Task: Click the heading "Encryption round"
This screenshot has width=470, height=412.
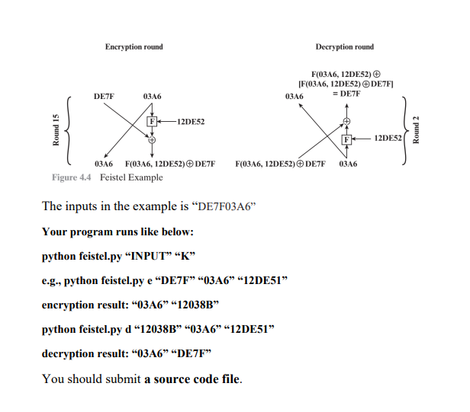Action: point(134,47)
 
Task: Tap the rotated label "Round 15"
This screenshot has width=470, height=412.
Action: point(56,130)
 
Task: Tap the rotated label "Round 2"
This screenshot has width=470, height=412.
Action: point(416,130)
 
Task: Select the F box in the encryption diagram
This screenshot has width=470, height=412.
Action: point(151,121)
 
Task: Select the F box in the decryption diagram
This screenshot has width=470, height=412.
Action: point(347,139)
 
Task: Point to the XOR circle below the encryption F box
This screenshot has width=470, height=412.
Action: point(151,140)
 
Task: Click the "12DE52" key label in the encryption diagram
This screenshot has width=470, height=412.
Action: point(190,121)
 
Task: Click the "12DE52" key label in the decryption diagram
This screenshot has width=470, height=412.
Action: point(388,139)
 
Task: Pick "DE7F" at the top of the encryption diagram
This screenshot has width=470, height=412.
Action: point(105,97)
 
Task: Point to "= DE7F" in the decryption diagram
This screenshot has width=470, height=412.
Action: point(346,93)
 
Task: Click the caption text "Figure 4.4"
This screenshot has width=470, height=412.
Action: point(72,177)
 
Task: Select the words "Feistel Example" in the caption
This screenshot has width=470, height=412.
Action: point(131,177)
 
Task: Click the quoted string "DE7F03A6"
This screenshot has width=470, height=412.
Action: point(211,206)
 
